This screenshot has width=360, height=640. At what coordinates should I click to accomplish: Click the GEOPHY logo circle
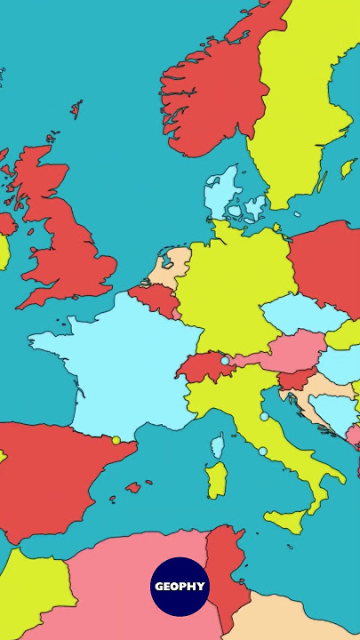pyautogui.click(x=180, y=587)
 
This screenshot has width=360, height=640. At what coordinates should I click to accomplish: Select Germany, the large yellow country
pyautogui.click(x=231, y=284)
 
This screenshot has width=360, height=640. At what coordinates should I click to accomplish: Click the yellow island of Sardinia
pyautogui.click(x=216, y=480)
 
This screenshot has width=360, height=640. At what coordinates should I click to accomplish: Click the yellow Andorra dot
pyautogui.click(x=116, y=440)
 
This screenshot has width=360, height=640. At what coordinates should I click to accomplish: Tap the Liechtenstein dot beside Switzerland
pyautogui.click(x=225, y=361)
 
